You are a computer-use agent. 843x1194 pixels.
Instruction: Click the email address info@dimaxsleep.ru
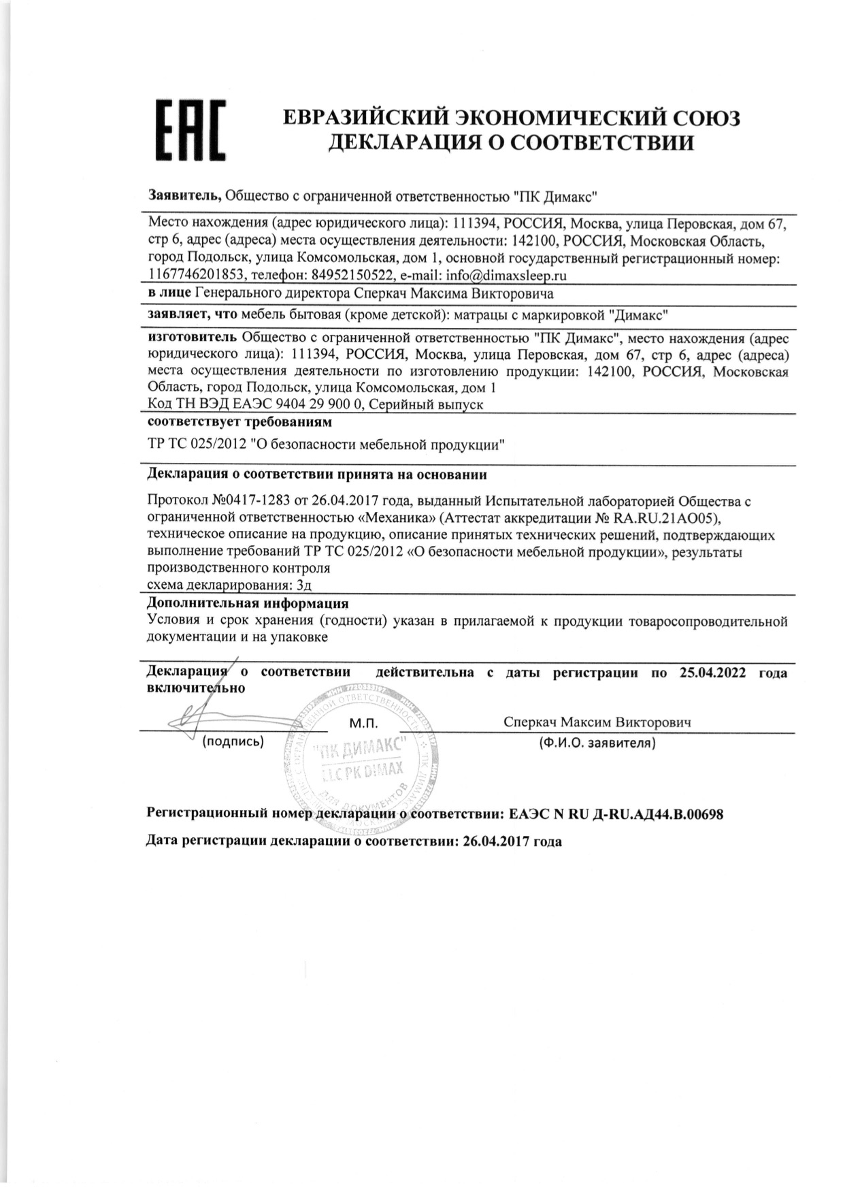(x=506, y=275)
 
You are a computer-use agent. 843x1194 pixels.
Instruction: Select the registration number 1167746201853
(x=197, y=275)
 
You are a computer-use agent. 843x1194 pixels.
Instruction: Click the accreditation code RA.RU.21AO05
(x=674, y=519)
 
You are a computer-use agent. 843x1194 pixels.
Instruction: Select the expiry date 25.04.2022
(x=712, y=673)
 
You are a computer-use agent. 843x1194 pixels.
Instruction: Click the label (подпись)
(x=233, y=742)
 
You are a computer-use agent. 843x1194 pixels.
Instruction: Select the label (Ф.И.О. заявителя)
(x=597, y=743)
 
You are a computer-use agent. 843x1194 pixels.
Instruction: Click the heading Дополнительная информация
(x=248, y=603)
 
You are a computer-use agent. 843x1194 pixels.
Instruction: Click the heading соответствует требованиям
(x=239, y=422)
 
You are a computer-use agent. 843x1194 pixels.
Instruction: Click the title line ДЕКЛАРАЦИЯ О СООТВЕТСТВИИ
(x=511, y=142)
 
